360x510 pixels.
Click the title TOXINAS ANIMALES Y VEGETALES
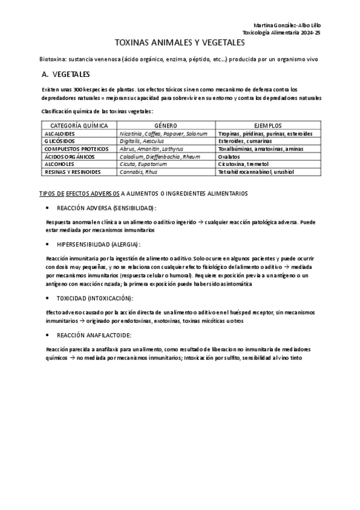coord(180,44)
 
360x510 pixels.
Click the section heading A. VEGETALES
coord(66,75)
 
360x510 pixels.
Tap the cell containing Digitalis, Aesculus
coord(141,141)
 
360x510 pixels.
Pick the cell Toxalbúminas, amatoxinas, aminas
coord(260,149)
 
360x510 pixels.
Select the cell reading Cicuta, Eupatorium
coord(143,164)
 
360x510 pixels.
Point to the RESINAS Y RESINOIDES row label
coord(73,171)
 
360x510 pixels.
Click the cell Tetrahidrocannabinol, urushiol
coord(255,171)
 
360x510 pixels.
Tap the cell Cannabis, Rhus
coord(136,171)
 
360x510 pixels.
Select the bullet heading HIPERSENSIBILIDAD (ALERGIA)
coord(99,244)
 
